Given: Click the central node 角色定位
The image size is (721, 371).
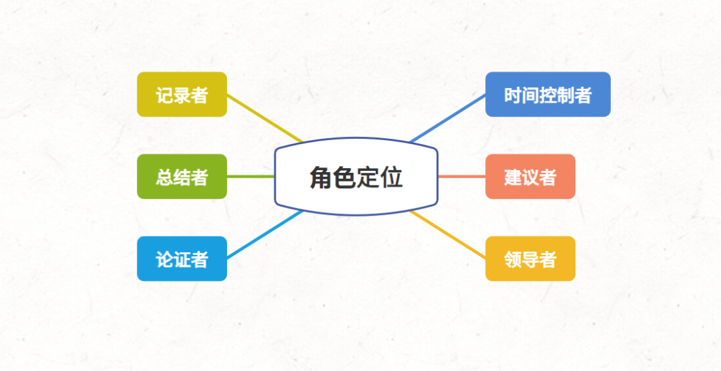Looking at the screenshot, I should pos(356,177).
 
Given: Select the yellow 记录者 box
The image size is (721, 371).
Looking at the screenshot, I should pos(182,95).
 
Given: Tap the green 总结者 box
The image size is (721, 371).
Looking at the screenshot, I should pos(182,177).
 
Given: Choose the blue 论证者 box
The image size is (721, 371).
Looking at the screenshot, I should pos(182,259).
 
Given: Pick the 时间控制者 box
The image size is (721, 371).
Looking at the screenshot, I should pos(547,95).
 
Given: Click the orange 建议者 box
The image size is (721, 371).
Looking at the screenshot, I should pos(530,177).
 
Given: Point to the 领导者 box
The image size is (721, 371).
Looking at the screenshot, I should pos(530,259).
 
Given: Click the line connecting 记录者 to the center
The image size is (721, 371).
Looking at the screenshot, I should pos(264,118).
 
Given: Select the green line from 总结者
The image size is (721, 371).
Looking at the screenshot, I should pos(250,177).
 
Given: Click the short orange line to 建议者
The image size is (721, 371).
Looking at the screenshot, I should pos(461,177).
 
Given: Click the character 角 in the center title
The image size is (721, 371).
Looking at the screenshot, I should pos(321,178).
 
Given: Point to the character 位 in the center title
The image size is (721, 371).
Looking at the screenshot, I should pos(391,178).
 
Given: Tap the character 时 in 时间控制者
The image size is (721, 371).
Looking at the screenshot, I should pos(513,95).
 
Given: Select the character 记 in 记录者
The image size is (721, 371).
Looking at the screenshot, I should pos(165,95).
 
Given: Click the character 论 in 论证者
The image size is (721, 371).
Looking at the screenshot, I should pos(165,260).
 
